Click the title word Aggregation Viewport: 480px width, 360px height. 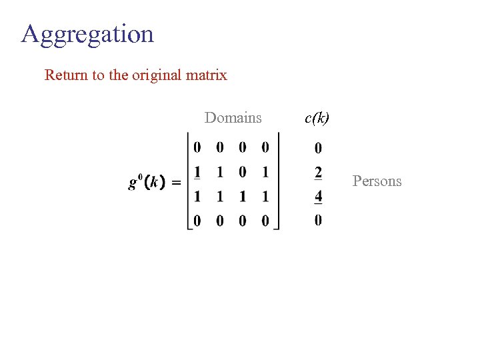click(x=87, y=34)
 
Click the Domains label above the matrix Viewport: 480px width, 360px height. click(x=233, y=118)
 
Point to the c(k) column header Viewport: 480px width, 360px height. click(x=317, y=118)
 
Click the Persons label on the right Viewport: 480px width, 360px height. click(x=377, y=181)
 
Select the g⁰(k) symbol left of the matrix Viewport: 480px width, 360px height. click(x=147, y=181)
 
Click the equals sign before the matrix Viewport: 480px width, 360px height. click(x=177, y=182)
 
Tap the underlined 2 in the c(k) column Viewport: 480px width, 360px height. click(x=318, y=173)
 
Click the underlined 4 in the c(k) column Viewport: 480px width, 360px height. click(x=318, y=197)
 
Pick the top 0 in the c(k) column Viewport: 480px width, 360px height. click(x=318, y=148)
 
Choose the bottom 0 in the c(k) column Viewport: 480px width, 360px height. click(x=318, y=220)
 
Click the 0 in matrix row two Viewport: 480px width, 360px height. click(x=243, y=173)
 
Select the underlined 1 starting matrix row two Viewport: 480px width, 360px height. click(x=197, y=173)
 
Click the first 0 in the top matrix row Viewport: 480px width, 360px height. click(x=197, y=147)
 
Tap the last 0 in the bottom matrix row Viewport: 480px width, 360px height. click(x=265, y=221)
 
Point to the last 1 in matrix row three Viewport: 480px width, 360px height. click(x=265, y=197)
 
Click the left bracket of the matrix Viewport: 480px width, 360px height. click(x=189, y=181)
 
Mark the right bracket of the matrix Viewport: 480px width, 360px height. click(x=277, y=181)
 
